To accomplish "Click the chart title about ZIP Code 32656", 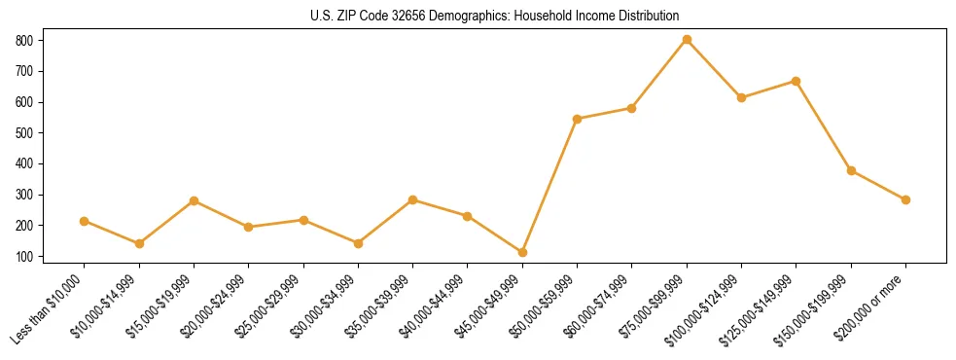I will pos(478,17).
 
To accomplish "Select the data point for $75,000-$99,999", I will pos(687,40).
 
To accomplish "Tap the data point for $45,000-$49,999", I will pos(522,252).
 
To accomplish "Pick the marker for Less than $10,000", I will pos(85,221).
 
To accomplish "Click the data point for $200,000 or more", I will pos(905,199).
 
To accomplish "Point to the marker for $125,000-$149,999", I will pos(796,81).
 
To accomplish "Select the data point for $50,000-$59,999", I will pos(578,119).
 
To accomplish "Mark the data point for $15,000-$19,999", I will pos(195,200).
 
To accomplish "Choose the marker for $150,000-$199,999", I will pos(851,170).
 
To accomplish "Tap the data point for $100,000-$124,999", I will pos(741,97).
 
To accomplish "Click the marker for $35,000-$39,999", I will pos(413,199).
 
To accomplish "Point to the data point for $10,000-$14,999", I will pos(139,243).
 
